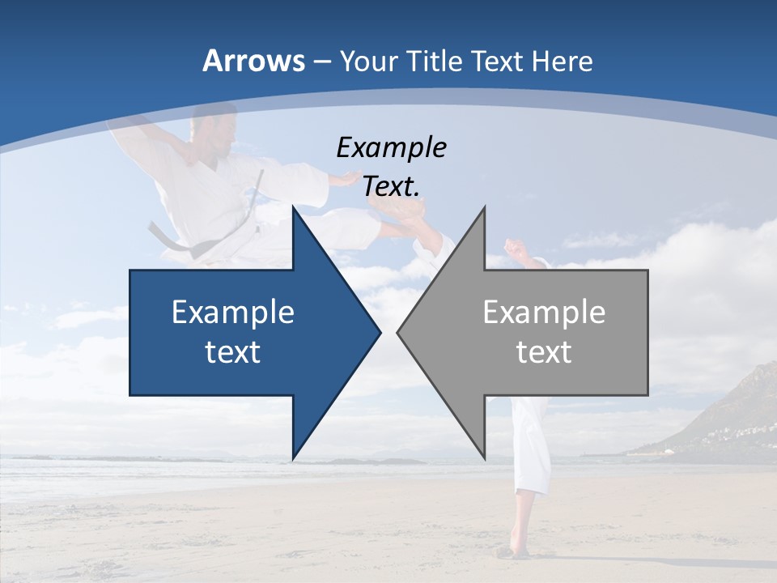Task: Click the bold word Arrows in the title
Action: (x=253, y=61)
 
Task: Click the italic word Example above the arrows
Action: (x=391, y=148)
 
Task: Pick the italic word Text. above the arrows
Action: (x=391, y=187)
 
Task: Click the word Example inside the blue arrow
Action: (x=233, y=313)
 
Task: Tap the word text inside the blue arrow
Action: (x=233, y=352)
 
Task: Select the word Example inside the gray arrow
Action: (x=544, y=313)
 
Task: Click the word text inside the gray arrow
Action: (x=544, y=352)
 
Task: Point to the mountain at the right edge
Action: (x=741, y=413)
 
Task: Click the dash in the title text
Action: (x=321, y=62)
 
